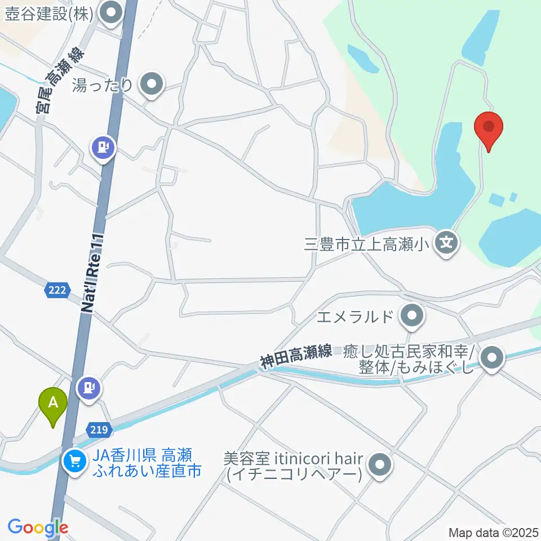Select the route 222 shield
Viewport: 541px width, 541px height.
56,290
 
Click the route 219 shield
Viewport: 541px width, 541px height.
99,430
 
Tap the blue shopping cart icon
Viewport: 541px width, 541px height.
74,462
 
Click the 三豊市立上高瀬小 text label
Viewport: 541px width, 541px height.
366,244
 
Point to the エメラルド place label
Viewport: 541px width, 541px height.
354,317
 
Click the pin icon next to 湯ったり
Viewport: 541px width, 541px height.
151,85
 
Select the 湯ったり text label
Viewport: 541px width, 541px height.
103,86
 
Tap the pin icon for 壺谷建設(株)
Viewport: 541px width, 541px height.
110,14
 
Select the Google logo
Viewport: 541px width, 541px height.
37,527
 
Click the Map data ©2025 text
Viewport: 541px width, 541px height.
494,532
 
